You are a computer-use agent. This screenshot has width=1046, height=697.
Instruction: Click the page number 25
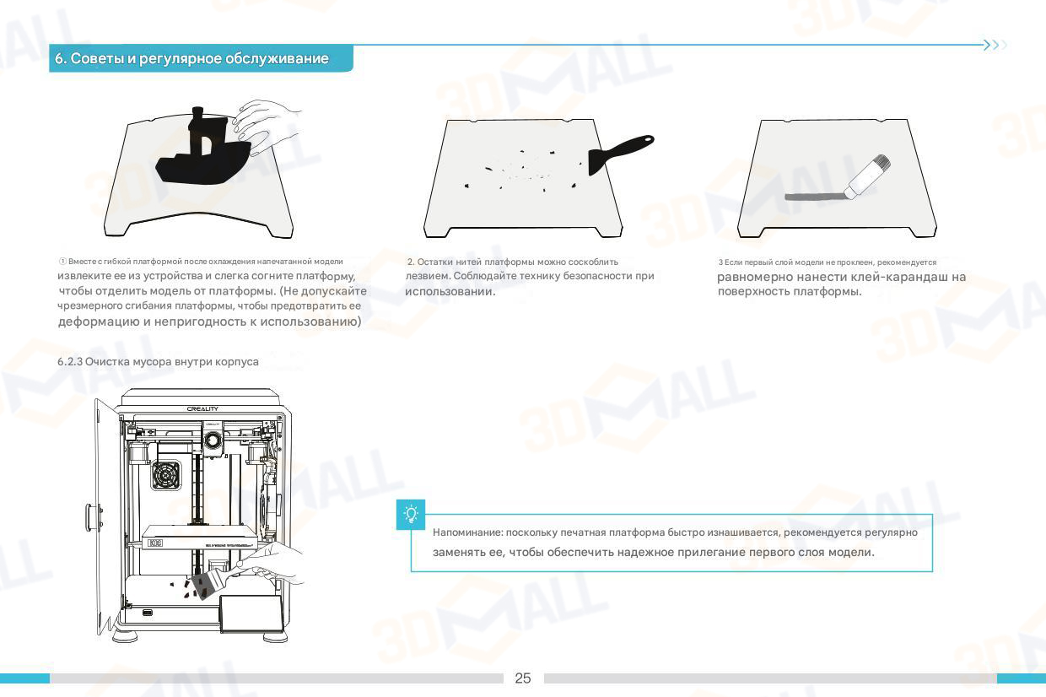[522, 678]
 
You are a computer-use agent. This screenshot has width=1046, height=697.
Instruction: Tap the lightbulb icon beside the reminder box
[411, 515]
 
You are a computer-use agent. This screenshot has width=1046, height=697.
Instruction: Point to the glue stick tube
[867, 176]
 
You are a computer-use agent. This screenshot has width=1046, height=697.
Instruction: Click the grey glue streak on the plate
[814, 197]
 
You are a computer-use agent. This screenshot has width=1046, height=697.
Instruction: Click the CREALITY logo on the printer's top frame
[202, 408]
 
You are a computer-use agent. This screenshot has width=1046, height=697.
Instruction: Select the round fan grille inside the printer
[166, 475]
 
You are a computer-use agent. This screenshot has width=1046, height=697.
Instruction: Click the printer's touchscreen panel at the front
[251, 613]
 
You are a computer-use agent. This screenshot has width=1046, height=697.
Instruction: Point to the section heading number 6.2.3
[70, 362]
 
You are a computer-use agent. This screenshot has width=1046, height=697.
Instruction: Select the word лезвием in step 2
[428, 276]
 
